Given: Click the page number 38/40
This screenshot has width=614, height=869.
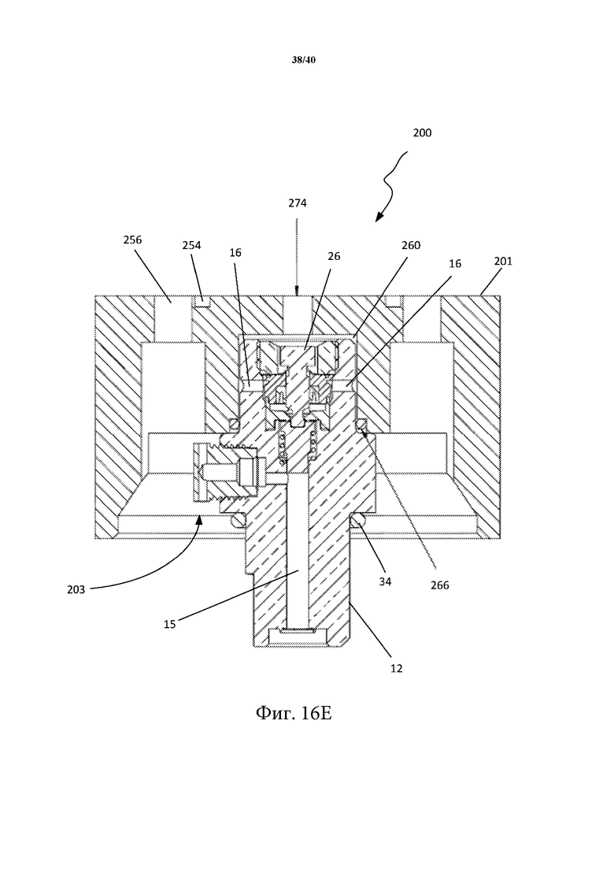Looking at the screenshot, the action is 303,60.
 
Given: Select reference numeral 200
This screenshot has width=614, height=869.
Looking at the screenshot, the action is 422,133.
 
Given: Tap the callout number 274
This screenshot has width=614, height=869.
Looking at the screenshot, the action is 298,203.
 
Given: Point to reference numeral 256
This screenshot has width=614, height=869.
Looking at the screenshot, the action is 132,240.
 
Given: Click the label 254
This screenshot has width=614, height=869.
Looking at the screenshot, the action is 191,245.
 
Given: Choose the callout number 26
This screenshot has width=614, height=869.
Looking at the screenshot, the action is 334,256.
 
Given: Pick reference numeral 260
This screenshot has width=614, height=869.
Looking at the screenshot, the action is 411,245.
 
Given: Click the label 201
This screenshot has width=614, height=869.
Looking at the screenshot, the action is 503,261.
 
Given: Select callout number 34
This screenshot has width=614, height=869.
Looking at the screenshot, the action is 385,581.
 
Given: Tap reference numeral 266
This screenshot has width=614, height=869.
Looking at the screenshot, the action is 439,585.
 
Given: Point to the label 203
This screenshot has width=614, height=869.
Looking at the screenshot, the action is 76,589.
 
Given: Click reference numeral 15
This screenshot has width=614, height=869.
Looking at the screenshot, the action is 169,624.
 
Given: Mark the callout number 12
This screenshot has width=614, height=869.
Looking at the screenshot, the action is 397,668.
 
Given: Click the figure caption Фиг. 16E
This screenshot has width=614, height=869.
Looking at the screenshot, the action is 294,713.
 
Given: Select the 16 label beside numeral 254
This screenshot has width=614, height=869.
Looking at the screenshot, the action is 235,253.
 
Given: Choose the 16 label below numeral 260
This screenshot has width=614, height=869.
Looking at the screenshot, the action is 454,264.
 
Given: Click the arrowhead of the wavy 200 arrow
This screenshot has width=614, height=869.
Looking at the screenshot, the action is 379,218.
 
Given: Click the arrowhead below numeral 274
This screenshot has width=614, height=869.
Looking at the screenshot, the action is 296,291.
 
